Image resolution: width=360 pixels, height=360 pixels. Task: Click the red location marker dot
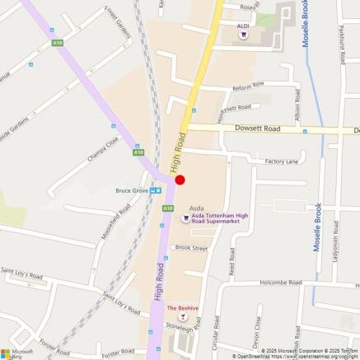(180, 180)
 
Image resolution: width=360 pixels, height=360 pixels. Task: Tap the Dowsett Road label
(258, 129)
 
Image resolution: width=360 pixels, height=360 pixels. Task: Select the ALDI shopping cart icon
(242, 35)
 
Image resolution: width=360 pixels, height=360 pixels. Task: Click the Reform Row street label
(247, 84)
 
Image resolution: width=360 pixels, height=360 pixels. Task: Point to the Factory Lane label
(281, 161)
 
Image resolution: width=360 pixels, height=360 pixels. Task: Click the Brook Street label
(191, 247)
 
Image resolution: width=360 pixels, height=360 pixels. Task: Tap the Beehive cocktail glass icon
(184, 317)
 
